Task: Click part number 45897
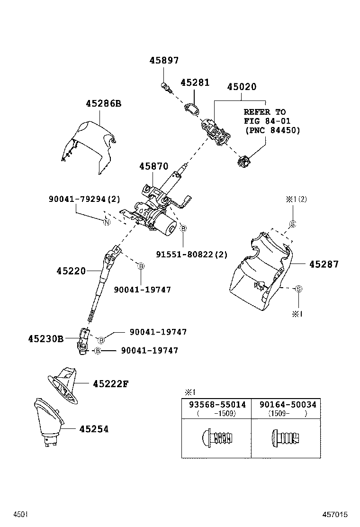click(164, 61)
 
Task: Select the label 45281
click(194, 82)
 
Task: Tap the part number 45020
click(241, 87)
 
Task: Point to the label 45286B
click(103, 103)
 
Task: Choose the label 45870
click(153, 167)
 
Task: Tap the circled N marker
click(107, 223)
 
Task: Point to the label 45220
click(71, 271)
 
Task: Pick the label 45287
click(324, 264)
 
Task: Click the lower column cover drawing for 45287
click(258, 275)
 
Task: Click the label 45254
click(94, 429)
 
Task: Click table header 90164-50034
click(287, 405)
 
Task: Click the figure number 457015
click(335, 514)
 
